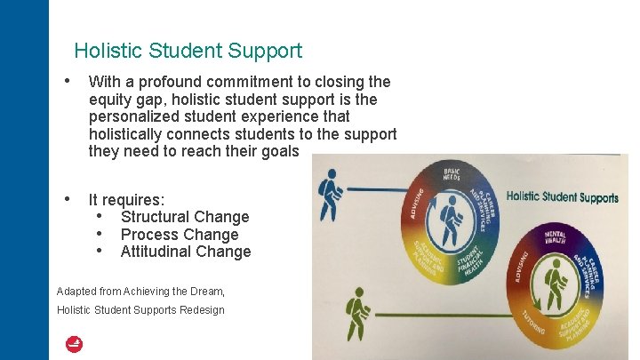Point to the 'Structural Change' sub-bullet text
(185, 217)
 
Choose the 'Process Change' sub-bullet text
(180, 235)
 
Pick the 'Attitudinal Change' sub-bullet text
(186, 252)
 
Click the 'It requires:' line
(126, 200)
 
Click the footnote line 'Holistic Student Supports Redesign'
(140, 309)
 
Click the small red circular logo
(75, 345)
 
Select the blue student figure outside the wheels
(332, 197)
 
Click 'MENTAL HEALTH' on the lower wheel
(556, 237)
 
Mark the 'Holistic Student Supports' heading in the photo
(562, 196)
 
